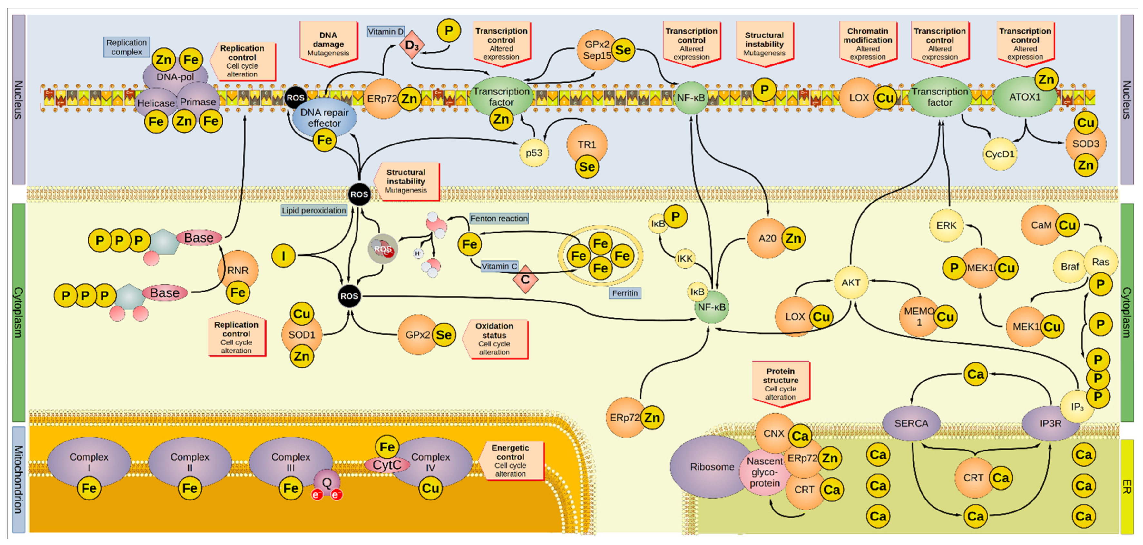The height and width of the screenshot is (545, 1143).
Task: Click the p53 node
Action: click(x=534, y=153)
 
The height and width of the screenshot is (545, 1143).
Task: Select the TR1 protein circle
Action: click(x=587, y=144)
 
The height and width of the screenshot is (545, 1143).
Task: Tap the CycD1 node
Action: click(x=999, y=154)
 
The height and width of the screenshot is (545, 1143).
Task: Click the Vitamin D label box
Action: click(x=386, y=32)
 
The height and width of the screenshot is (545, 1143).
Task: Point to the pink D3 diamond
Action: click(x=412, y=45)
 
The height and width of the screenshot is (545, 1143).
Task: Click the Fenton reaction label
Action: click(x=499, y=218)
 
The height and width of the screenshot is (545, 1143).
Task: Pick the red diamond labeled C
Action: click(x=525, y=280)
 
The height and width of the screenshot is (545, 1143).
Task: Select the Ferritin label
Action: click(x=625, y=293)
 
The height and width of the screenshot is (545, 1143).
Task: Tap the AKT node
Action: click(x=851, y=283)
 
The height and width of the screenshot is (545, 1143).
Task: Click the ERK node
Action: click(x=946, y=225)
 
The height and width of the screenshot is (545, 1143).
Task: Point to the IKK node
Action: click(x=685, y=259)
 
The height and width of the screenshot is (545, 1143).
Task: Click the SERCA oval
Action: click(x=911, y=423)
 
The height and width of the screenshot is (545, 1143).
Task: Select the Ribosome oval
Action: click(x=711, y=467)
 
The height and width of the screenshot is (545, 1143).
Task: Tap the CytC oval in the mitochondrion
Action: click(x=386, y=465)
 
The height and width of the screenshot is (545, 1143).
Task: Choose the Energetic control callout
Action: click(x=510, y=461)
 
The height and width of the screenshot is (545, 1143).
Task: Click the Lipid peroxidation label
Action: click(x=314, y=210)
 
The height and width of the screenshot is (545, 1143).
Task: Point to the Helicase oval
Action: click(x=156, y=103)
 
